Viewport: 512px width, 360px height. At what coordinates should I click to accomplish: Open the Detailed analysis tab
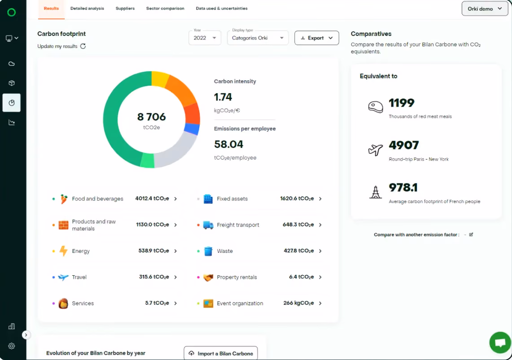pos(87,9)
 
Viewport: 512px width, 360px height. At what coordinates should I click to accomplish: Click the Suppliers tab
pos(125,9)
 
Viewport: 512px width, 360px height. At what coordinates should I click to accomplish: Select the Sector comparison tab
pos(165,9)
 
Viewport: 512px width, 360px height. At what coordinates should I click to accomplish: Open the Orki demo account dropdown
pos(485,9)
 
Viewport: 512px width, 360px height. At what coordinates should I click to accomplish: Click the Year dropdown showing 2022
pos(205,38)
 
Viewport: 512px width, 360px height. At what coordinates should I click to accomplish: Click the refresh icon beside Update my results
pos(83,46)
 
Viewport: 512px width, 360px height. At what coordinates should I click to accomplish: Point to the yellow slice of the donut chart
pos(160,79)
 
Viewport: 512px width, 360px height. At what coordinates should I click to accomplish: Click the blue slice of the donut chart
pos(193,129)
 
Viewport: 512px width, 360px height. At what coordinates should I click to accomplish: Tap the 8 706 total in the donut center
pos(152,117)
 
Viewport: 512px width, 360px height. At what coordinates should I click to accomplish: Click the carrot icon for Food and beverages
pos(64,199)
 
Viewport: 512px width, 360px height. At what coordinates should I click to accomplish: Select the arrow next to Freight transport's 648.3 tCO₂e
pos(320,225)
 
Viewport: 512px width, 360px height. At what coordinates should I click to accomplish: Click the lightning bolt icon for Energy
pos(63,251)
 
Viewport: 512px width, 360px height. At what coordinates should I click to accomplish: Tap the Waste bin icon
pos(208,251)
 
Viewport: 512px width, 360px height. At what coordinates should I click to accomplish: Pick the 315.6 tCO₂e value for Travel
pos(154,277)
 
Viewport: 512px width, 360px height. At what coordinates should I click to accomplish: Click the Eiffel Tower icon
pos(376,192)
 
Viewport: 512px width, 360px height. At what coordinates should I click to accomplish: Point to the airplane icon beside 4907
pos(376,150)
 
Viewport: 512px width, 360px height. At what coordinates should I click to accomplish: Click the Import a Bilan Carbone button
pos(221,353)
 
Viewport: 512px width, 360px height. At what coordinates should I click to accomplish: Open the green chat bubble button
pos(500,343)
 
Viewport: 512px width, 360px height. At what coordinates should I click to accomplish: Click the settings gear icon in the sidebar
pos(12,346)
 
